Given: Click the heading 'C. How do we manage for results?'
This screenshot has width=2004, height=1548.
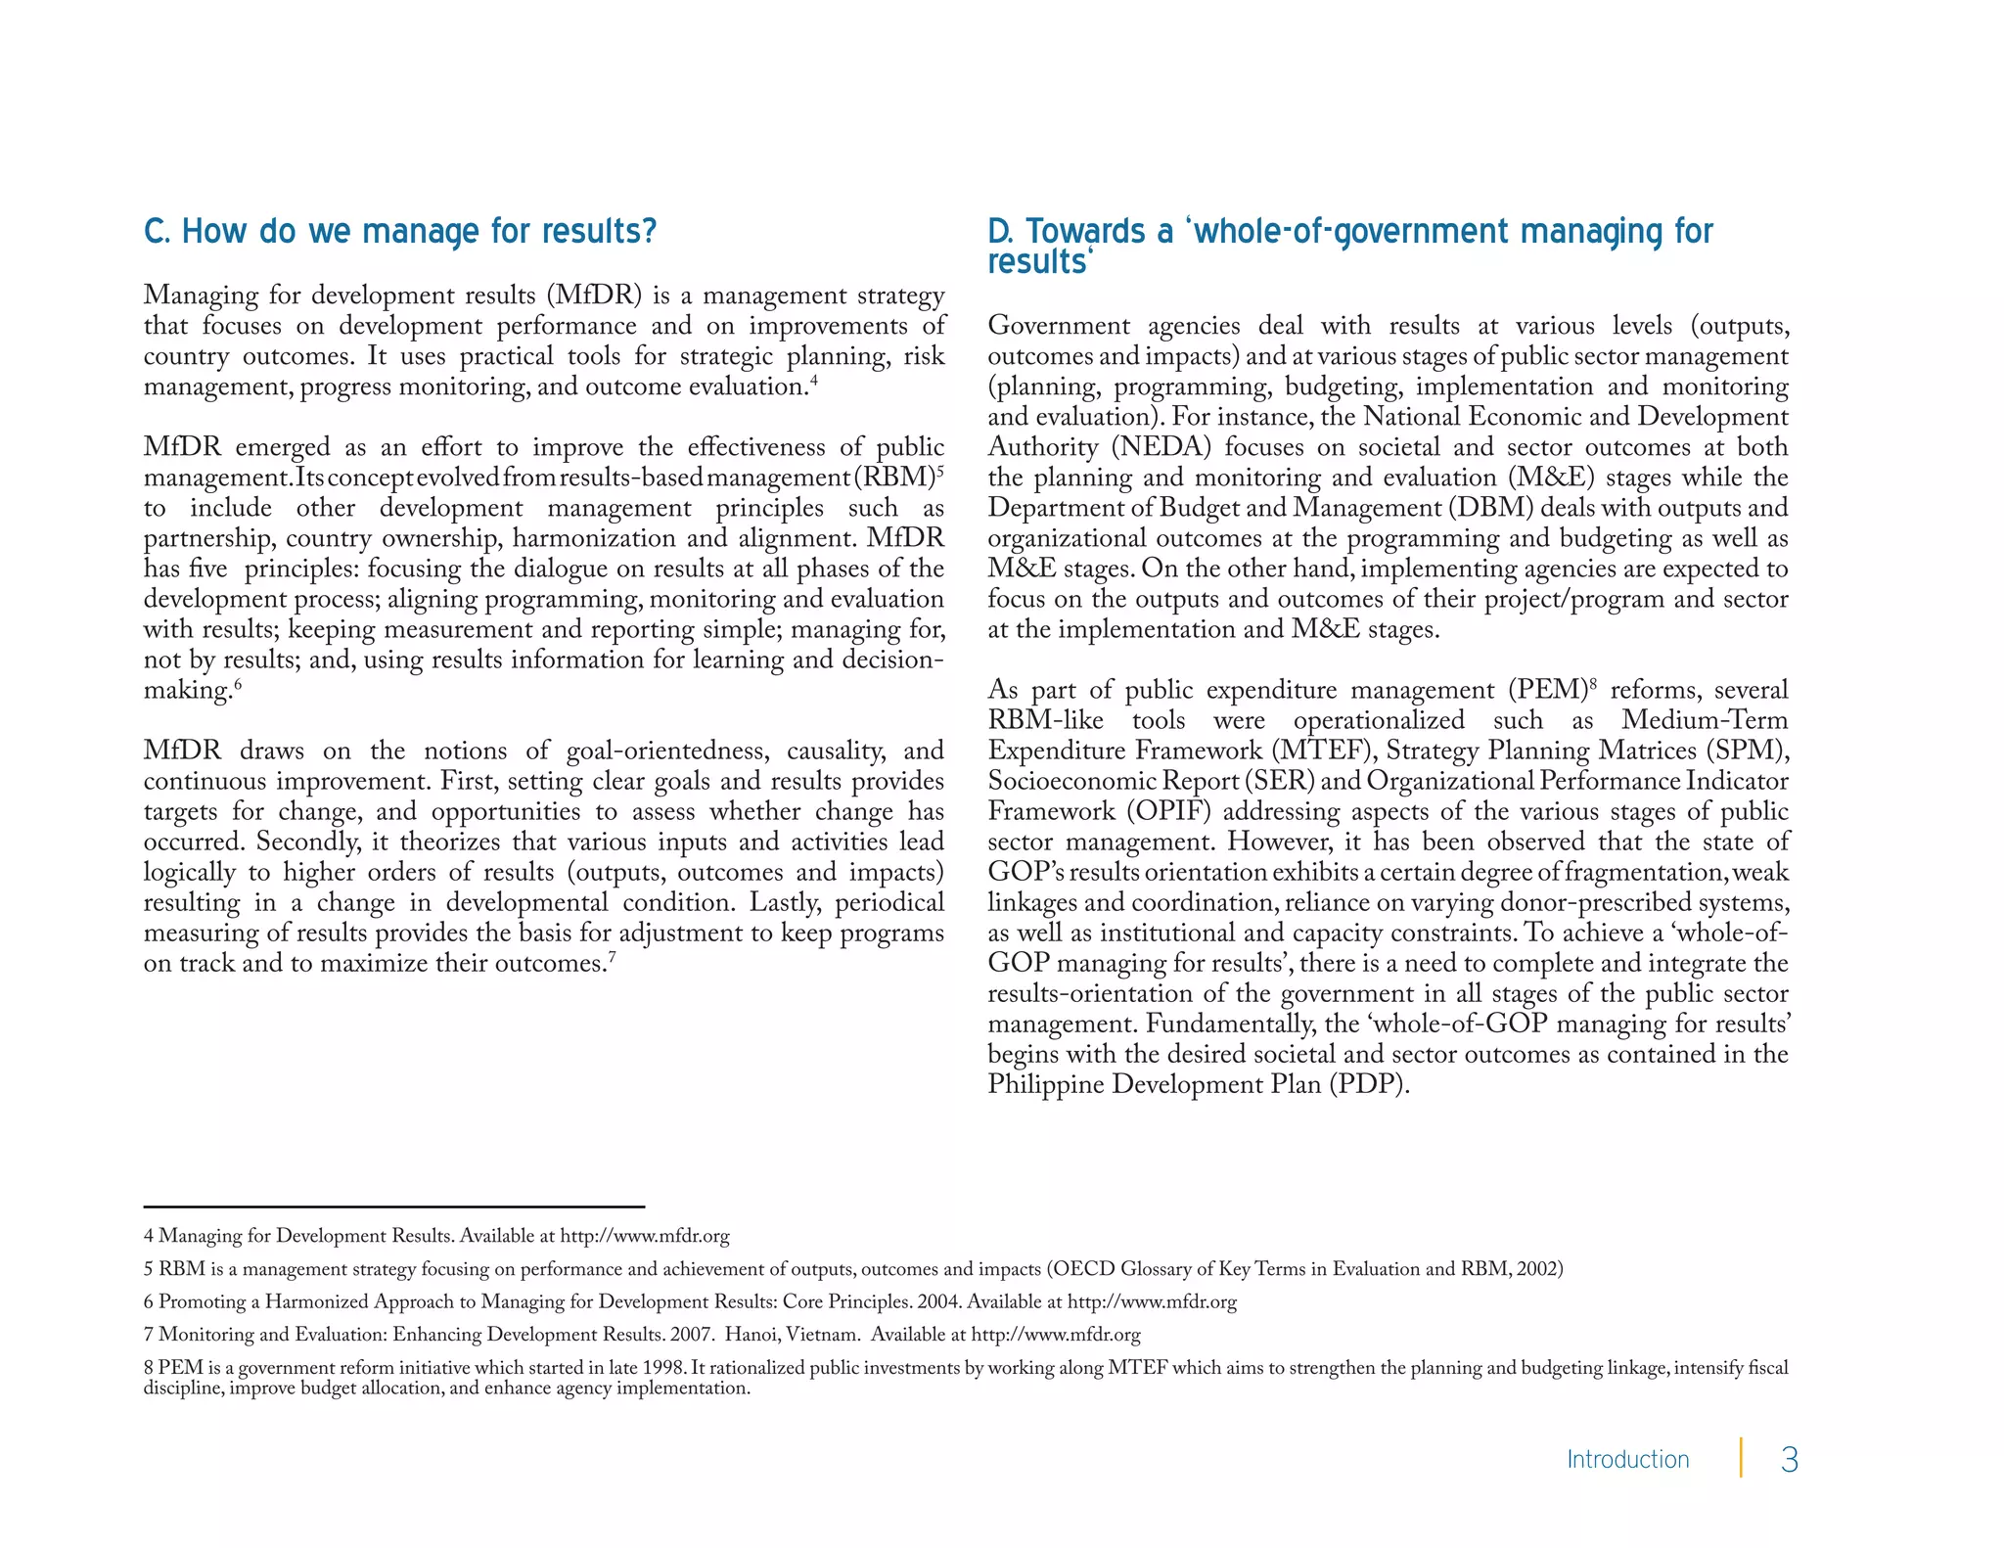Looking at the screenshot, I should point(399,232).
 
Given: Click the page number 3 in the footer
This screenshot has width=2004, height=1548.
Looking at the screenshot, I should point(1789,1460).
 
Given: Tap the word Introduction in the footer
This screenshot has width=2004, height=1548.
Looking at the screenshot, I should point(1627,1459).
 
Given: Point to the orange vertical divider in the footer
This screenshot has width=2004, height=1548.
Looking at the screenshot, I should point(1741,1457).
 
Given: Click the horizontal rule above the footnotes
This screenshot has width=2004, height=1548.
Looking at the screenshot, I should point(393,1207).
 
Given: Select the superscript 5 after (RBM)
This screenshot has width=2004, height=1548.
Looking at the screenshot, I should point(939,472).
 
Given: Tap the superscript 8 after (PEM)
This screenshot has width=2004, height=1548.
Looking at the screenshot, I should point(1591,684).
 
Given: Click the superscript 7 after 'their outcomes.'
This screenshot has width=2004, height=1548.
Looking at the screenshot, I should point(612,957).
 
